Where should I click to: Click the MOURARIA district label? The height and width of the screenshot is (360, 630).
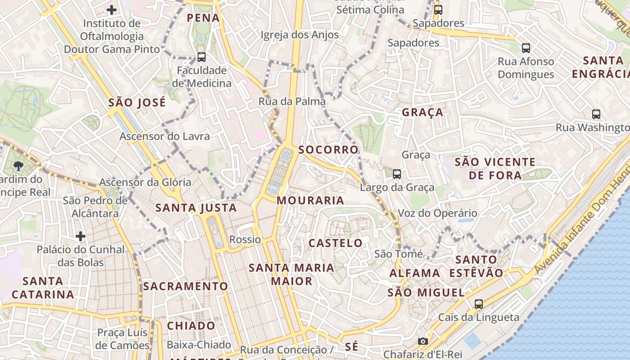coord(310,200)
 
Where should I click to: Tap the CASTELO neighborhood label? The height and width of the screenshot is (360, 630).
coord(335,243)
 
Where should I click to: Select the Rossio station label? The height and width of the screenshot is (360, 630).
coord(245,239)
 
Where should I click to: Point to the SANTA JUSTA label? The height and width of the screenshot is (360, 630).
coord(196,208)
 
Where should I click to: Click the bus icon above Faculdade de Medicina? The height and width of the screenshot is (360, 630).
coord(201,57)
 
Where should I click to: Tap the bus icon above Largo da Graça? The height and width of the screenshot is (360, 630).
coord(396,174)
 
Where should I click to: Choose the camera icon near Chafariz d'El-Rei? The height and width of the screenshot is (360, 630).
coord(423,342)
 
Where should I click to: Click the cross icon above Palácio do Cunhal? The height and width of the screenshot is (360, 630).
coord(81,236)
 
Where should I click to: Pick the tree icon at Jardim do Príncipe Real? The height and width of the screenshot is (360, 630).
coord(18,166)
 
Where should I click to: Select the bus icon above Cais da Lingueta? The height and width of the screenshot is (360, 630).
coord(479,304)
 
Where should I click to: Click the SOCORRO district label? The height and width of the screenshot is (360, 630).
coord(328,149)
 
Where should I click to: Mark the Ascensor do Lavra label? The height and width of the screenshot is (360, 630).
coord(165,136)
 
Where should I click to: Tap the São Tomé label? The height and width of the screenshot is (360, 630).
coord(398,254)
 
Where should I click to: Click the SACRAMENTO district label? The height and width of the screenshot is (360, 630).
coord(186,286)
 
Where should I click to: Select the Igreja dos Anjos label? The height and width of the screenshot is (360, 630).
coord(299,35)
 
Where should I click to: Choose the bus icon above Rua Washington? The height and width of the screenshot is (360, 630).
coord(596,114)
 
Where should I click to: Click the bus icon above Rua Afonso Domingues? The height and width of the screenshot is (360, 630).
coord(526,48)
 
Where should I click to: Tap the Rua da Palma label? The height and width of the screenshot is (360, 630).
coord(292,101)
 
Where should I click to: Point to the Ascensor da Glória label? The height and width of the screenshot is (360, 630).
coord(145,182)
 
